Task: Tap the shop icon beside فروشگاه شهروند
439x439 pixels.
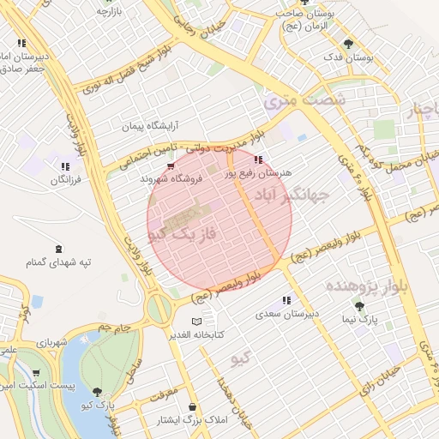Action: pos(171,166)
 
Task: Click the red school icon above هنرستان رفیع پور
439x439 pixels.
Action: pos(258,159)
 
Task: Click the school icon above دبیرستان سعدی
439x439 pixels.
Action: pos(286,301)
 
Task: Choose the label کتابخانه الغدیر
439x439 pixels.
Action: pos(199,334)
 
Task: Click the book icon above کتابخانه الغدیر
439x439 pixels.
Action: pos(199,321)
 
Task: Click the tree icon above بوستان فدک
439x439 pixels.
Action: pos(347,44)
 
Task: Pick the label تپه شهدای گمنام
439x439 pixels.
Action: pos(57,262)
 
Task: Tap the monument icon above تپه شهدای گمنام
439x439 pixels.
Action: pos(57,249)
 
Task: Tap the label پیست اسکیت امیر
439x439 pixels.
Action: pos(34,388)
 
